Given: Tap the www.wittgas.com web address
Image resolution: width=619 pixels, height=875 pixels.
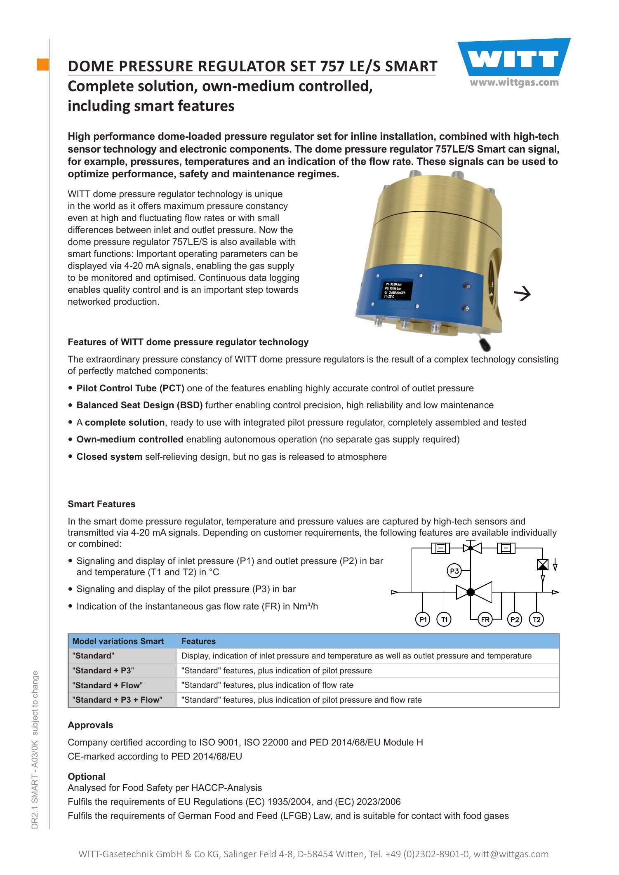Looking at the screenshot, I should tap(514, 82).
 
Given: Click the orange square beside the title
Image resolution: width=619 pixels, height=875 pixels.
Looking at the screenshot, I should tap(43, 65).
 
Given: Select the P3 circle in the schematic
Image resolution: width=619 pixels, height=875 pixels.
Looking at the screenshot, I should tap(454, 571).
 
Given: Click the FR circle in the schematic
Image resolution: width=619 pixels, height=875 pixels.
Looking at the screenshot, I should tap(485, 619).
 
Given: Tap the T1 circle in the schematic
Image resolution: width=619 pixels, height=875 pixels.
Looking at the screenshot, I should tap(444, 619).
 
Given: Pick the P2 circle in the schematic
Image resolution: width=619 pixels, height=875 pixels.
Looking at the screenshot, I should tap(514, 619).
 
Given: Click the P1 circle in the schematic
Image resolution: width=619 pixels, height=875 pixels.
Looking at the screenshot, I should tap(422, 619).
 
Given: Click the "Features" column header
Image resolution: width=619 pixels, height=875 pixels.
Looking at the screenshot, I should tap(198, 641).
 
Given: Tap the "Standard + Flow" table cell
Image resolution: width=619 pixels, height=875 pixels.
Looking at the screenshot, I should tap(107, 685).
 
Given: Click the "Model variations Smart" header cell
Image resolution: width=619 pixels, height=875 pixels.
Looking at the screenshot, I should tap(118, 641).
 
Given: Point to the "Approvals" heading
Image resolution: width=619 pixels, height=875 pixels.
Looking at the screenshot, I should tap(90, 725).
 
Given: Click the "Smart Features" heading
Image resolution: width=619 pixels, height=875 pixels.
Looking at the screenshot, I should tap(101, 504).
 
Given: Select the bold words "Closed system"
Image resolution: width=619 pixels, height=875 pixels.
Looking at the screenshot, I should tap(109, 456).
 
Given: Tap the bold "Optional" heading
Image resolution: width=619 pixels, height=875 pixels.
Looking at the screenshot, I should tap(87, 776).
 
